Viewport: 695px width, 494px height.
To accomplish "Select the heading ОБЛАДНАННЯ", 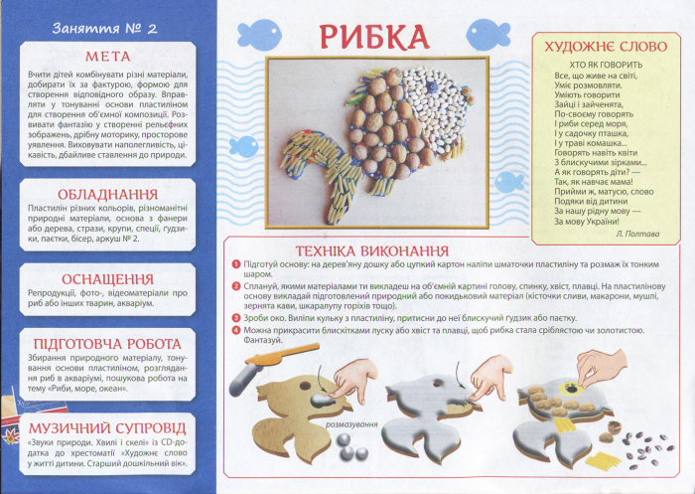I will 108,192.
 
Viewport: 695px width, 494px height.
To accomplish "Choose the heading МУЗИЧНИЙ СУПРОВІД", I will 108,427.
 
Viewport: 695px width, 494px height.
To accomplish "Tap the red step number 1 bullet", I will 234,264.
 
